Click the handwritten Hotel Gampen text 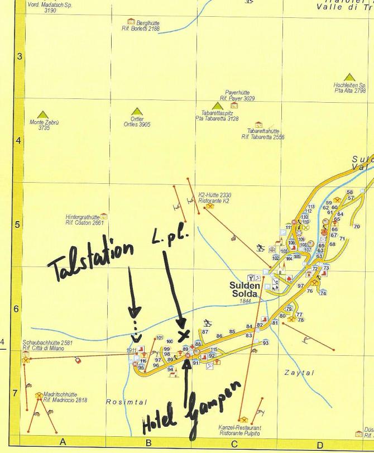pyautogui.click(x=193, y=407)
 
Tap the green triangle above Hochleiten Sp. pyautogui.click(x=350, y=77)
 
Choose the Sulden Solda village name pyautogui.click(x=244, y=289)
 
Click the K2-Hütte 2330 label pyautogui.click(x=214, y=198)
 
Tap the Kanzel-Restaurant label pyautogui.click(x=240, y=430)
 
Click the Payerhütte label pyautogui.click(x=237, y=96)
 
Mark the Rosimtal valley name pyautogui.click(x=126, y=402)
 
